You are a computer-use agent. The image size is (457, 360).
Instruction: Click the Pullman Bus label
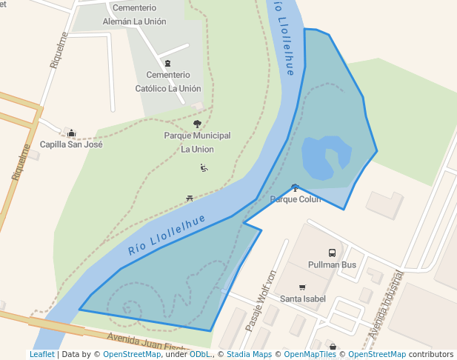pyautogui.click(x=332, y=265)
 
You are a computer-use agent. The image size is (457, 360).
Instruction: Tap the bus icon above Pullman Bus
pyautogui.click(x=332, y=253)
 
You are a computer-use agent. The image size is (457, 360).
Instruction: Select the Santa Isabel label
pyautogui.click(x=302, y=299)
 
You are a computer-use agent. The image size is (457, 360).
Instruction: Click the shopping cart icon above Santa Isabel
pyautogui.click(x=302, y=287)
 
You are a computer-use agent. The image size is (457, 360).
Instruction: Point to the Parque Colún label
pyautogui.click(x=296, y=199)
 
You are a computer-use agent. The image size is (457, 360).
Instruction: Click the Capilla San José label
pyautogui.click(x=71, y=144)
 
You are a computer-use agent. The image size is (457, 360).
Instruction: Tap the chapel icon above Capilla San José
pyautogui.click(x=71, y=133)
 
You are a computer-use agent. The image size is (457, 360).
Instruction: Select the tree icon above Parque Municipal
pyautogui.click(x=197, y=124)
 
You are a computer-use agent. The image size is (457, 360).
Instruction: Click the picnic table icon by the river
pyautogui.click(x=190, y=199)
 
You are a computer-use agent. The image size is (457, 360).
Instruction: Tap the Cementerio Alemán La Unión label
pyautogui.click(x=134, y=15)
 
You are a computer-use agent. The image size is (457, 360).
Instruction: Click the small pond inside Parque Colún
pyautogui.click(x=325, y=157)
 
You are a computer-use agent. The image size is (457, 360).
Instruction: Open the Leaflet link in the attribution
pyautogui.click(x=41, y=355)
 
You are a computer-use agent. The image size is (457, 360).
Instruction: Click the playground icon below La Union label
pyautogui.click(x=204, y=168)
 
